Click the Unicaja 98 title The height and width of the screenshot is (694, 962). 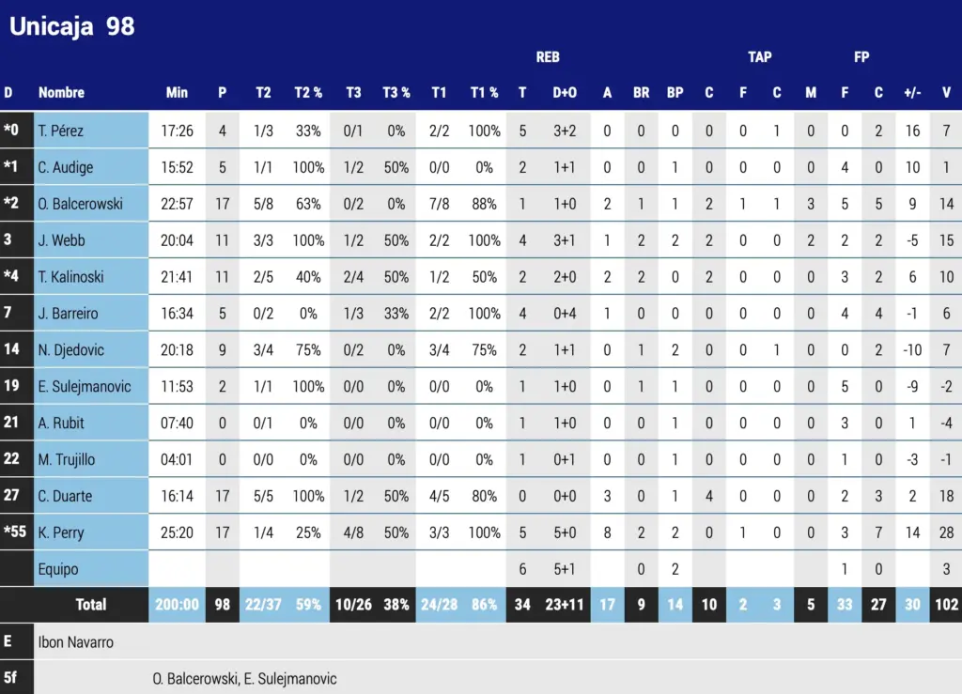tap(72, 26)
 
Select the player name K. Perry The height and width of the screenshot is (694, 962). tap(61, 532)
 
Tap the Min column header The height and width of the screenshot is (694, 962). tap(177, 92)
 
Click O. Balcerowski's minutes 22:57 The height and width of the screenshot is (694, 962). tap(177, 204)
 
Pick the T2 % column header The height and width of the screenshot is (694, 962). tap(308, 92)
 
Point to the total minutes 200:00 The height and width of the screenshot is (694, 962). tap(177, 605)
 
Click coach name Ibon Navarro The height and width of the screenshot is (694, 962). tap(77, 642)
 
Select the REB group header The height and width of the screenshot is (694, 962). tap(548, 57)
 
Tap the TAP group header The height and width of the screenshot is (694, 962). tap(760, 57)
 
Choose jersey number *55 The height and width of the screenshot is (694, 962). tap(15, 532)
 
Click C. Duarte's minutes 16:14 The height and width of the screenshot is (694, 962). tap(177, 496)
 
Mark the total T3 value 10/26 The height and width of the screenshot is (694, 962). tap(353, 605)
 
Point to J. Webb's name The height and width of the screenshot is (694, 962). tap(61, 240)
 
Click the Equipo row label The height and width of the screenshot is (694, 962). tap(58, 569)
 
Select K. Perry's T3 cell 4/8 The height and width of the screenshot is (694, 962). tap(353, 532)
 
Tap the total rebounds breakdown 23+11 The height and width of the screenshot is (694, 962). tap(565, 605)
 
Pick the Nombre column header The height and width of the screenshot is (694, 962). tap(61, 92)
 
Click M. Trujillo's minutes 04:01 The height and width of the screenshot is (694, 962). tap(177, 459)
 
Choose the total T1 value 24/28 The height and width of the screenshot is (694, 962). tap(439, 605)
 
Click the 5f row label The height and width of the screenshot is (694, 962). tap(10, 677)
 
